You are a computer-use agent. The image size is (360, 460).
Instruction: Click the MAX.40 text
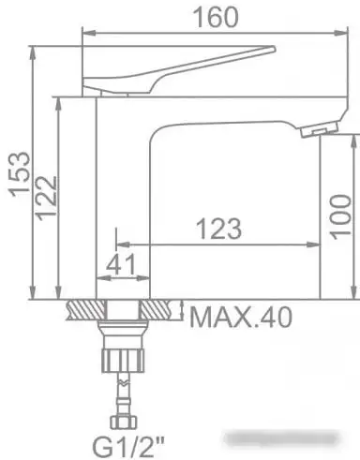[x=240, y=317]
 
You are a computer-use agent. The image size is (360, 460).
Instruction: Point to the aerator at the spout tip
[x=321, y=130]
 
